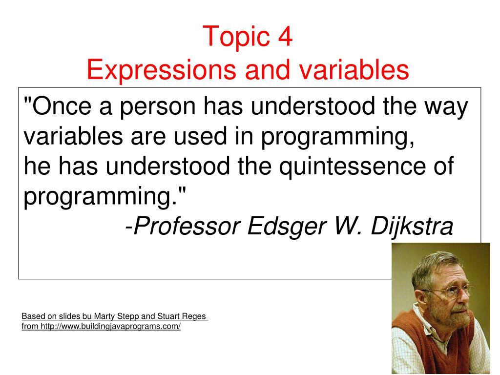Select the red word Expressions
(161, 71)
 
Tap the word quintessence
(353, 167)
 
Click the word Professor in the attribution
(187, 226)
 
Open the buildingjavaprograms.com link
(111, 327)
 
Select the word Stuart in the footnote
(168, 316)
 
